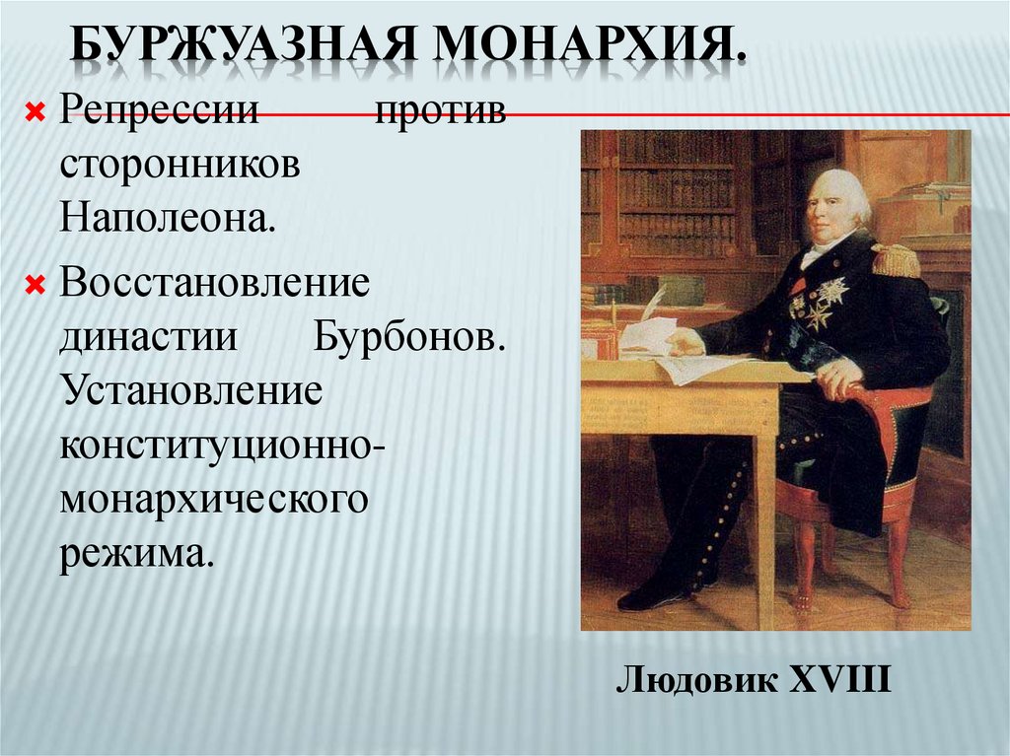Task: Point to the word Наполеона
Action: coord(168,214)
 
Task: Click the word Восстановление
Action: coord(214,285)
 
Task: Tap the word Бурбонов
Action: coord(411,338)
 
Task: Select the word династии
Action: coord(149,338)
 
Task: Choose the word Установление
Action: coord(191,391)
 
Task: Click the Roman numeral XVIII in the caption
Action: coord(840,681)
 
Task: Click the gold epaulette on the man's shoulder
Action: coord(894,259)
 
